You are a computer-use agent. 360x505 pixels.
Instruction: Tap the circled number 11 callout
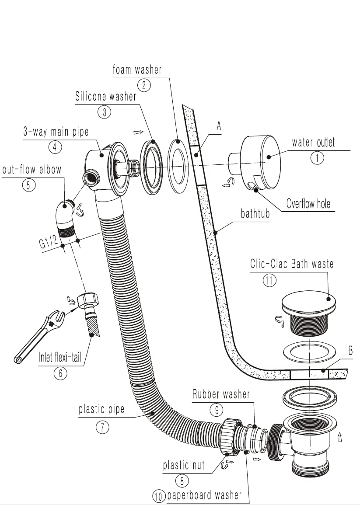coord(269,280)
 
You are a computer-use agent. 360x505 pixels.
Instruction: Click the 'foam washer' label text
coord(137,70)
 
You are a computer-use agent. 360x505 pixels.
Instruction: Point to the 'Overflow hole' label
coord(308,203)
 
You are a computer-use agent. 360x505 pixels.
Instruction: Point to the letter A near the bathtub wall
coord(219,126)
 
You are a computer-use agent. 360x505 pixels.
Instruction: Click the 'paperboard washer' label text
coord(204,495)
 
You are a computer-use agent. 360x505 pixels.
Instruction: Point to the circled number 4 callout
coord(55,147)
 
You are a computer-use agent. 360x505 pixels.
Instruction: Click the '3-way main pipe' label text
coord(56,131)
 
